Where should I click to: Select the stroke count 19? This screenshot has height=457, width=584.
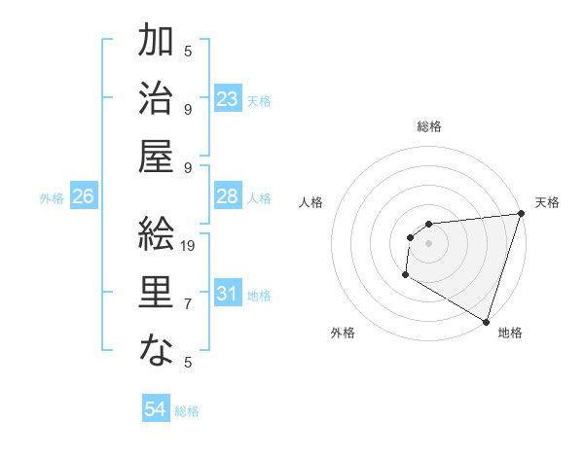coord(189,246)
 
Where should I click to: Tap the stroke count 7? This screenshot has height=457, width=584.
coord(188,304)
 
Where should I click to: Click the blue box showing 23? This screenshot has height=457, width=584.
coord(228,99)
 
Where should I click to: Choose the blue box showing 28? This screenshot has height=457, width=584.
coord(228,196)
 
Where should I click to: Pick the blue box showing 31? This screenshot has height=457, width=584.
coord(228,294)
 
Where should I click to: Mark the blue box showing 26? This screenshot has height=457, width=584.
coord(84,196)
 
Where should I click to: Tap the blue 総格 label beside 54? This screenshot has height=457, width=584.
coord(187,411)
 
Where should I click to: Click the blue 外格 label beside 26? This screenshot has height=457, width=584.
coord(52,198)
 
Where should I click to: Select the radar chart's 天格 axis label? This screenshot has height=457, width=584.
coord(547,202)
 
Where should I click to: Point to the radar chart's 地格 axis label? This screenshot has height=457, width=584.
coord(510,333)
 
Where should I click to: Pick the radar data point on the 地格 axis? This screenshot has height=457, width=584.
coord(486,321)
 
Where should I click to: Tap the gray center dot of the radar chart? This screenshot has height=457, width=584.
coord(428,243)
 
